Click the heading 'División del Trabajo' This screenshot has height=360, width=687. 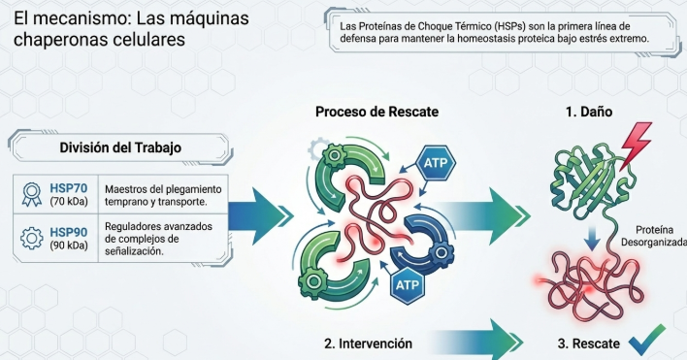pos(120,147)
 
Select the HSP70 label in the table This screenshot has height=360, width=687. pos(68,188)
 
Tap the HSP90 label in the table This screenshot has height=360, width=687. pos(68,232)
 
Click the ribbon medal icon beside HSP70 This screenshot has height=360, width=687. pos(32,194)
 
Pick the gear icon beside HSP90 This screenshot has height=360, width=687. pos(32,239)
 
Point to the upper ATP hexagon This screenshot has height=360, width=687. pos(436,163)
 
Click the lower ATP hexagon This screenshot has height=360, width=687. pos(408,285)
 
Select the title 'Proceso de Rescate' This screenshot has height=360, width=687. pos(376,112)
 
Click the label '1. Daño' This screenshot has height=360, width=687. pos(589,112)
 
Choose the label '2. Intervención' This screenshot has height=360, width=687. pos(368,344)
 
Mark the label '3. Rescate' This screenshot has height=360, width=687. pos(588,344)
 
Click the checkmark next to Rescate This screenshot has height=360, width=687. pos(646,340)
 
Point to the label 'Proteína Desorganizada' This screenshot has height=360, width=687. pos(654,236)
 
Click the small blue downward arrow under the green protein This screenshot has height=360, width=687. pos(592,239)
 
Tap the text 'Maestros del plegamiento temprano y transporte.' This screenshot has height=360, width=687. pos(163,196)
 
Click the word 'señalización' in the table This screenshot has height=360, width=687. pos(134,251)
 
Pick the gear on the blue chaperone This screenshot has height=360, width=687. pos(442,252)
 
